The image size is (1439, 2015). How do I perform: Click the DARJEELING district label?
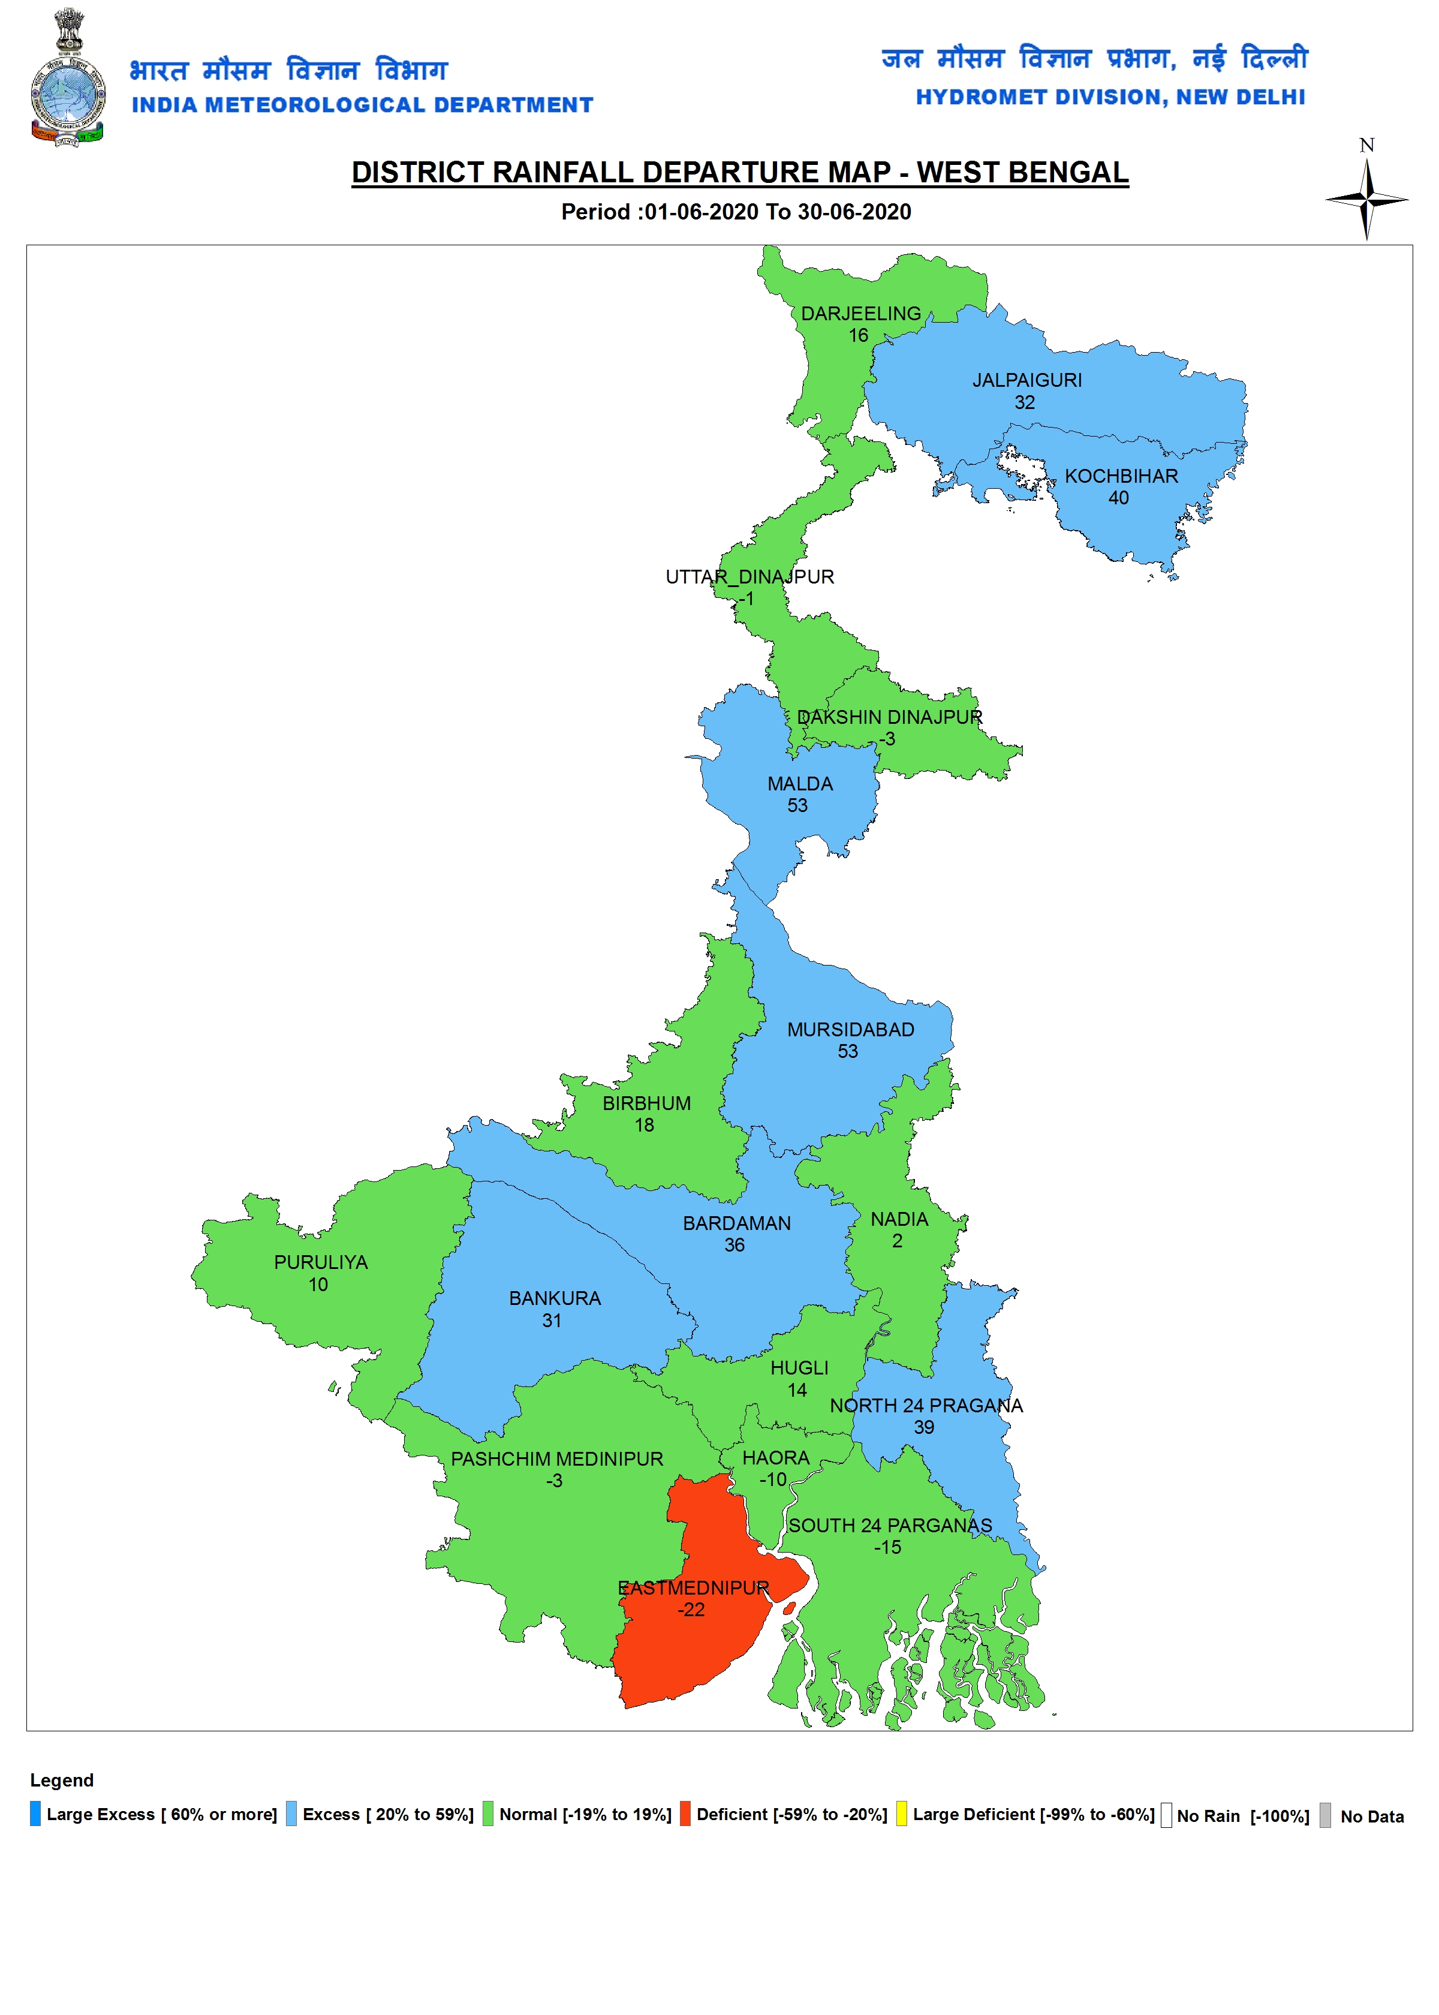click(x=860, y=314)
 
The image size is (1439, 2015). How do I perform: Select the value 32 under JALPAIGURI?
click(x=1024, y=402)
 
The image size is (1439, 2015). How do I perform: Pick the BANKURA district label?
click(x=555, y=1298)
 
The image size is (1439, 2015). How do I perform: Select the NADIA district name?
click(x=899, y=1219)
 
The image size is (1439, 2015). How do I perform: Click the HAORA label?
click(x=775, y=1458)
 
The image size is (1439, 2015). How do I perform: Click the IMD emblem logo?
click(x=67, y=80)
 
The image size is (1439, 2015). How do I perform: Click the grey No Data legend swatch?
click(x=1324, y=1815)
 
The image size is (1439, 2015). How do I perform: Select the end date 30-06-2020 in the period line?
click(x=854, y=212)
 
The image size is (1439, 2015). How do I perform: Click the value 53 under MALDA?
click(x=797, y=805)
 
